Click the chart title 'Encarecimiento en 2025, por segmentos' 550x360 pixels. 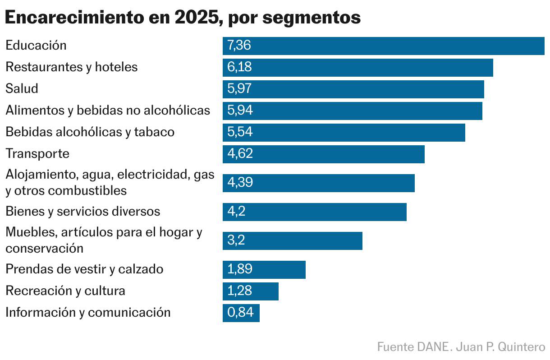click(x=183, y=18)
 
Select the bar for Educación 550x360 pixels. click(x=383, y=46)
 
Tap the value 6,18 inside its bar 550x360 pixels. click(x=239, y=67)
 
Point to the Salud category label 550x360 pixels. click(x=22, y=88)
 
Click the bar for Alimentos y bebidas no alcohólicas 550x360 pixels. click(x=352, y=111)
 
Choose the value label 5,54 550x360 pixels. click(x=240, y=132)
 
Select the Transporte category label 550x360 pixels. click(x=37, y=153)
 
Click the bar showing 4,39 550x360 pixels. click(x=318, y=182)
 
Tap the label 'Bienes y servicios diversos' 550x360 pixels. click(x=82, y=211)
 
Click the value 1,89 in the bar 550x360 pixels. click(x=240, y=269)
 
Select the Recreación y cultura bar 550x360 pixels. click(x=250, y=291)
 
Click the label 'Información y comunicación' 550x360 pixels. click(x=88, y=312)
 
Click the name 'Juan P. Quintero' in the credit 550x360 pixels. click(x=500, y=347)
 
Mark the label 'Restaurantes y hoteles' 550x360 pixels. click(x=71, y=67)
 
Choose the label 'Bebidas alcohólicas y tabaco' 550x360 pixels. click(x=90, y=132)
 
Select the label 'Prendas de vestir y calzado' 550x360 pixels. click(x=84, y=269)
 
